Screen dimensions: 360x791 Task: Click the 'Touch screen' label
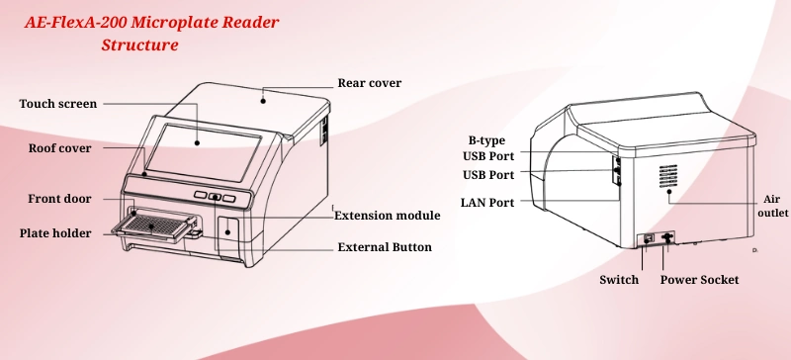point(58,104)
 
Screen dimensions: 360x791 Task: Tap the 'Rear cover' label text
point(370,83)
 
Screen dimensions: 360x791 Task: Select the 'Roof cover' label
point(59,148)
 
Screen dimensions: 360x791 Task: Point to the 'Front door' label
point(59,199)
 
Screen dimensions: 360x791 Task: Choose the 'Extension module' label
point(388,216)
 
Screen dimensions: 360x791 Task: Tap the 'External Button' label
point(385,247)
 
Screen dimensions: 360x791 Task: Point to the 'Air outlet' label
point(772,205)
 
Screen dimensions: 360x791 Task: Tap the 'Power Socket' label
point(699,280)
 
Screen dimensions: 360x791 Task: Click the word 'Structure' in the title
point(139,45)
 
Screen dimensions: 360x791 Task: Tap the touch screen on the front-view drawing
point(208,148)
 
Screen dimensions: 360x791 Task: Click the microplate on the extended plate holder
point(152,224)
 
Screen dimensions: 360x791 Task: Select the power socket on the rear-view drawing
point(668,237)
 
